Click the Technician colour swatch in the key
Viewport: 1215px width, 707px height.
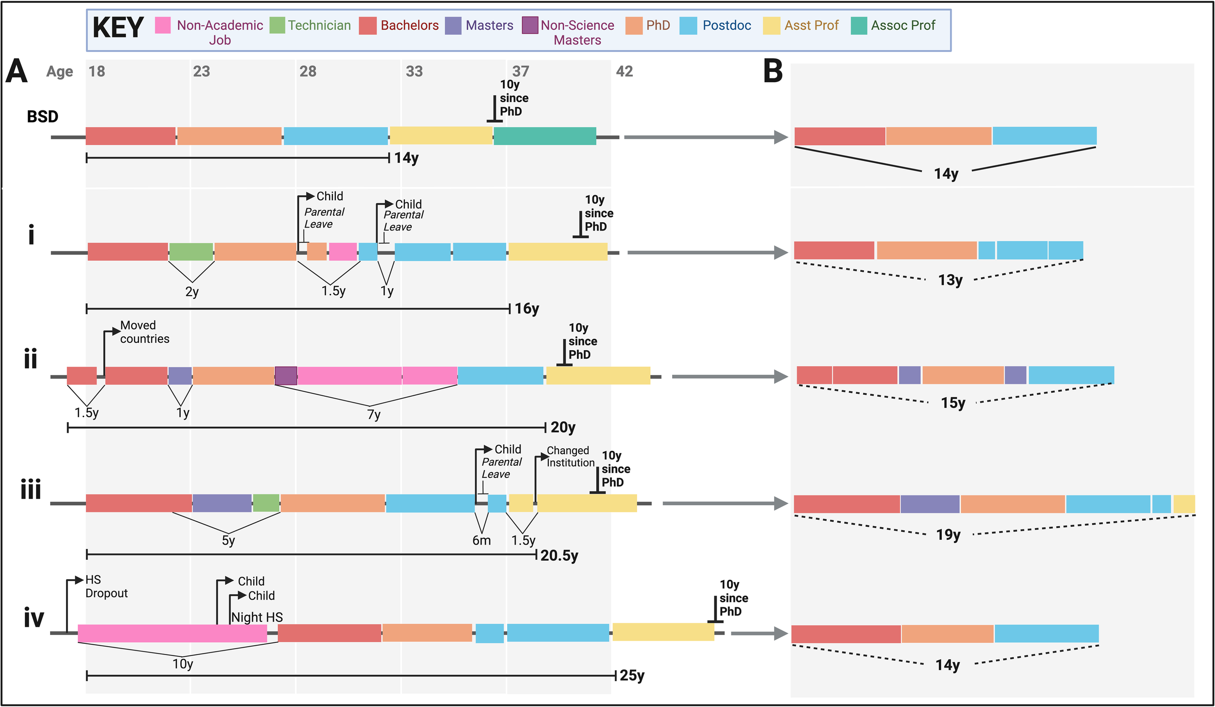(x=277, y=25)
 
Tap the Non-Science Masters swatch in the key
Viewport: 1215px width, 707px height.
(x=530, y=25)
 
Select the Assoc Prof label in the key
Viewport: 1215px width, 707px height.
(x=903, y=25)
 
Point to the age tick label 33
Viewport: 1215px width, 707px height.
(x=414, y=71)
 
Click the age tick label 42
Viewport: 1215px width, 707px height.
(x=624, y=71)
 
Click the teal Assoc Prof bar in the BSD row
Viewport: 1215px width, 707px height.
(x=545, y=136)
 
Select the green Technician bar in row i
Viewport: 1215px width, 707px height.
(x=191, y=251)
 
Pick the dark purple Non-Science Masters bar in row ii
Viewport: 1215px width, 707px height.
(x=286, y=375)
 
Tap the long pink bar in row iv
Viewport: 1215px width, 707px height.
(x=173, y=633)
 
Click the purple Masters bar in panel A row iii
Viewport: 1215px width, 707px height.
(x=222, y=503)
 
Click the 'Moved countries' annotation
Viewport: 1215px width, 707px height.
(x=144, y=332)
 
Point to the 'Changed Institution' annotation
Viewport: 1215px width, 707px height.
(x=570, y=457)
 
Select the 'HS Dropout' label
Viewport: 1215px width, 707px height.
(x=106, y=586)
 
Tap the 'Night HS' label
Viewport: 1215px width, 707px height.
(x=257, y=617)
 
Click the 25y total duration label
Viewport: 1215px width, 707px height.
(x=632, y=675)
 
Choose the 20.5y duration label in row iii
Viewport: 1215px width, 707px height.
(x=559, y=555)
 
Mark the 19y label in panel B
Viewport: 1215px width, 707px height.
(x=948, y=535)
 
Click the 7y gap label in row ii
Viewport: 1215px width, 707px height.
(x=374, y=414)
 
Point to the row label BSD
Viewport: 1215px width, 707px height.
(x=42, y=117)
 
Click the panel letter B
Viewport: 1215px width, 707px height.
(x=773, y=71)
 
